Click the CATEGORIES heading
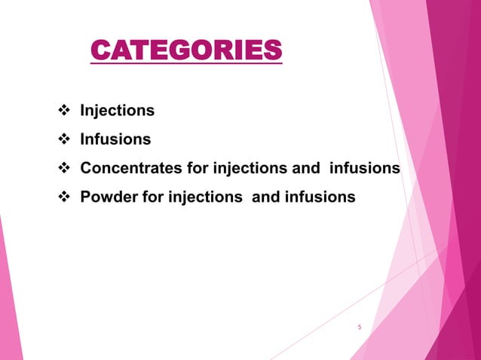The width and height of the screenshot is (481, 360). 186,51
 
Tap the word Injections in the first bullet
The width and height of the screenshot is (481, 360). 118,111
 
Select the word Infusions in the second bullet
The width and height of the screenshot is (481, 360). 115,139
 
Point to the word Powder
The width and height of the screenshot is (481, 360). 106,197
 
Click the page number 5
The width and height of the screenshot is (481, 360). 360,327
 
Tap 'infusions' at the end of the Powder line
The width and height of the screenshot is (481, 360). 320,197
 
